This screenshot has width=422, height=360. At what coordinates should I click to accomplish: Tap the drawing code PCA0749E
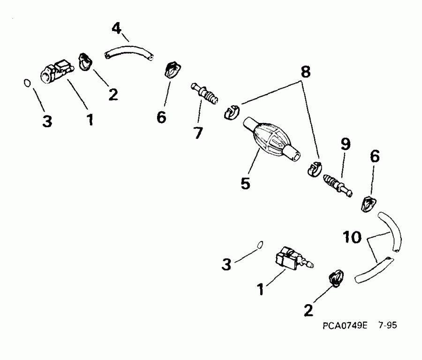(344, 326)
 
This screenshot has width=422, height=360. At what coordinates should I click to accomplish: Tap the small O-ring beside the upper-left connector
(27, 83)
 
